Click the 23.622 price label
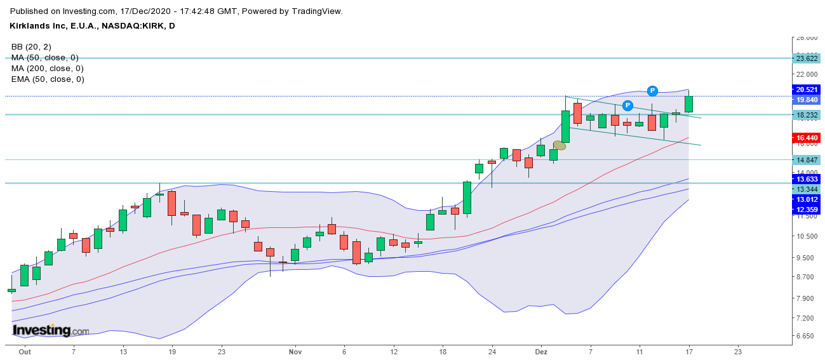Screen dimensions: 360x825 click(807, 58)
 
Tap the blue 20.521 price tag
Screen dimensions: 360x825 click(807, 90)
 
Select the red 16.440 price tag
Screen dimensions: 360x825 click(807, 138)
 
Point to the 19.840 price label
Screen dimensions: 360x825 click(807, 100)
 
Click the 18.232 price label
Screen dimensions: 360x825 click(807, 115)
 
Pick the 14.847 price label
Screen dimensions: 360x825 click(807, 160)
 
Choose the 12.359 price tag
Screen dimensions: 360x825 click(807, 210)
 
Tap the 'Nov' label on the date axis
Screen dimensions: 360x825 click(295, 351)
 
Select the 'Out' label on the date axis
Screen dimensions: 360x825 click(25, 351)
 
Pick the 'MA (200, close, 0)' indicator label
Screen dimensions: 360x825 click(48, 69)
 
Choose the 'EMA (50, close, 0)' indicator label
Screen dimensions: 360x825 click(48, 79)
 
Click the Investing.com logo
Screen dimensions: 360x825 click(51, 331)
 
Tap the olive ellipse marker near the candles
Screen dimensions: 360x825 click(560, 145)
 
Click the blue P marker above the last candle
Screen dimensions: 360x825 click(652, 90)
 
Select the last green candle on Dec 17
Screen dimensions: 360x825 click(688, 104)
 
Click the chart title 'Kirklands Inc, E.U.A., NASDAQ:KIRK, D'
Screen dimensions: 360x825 click(93, 26)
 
